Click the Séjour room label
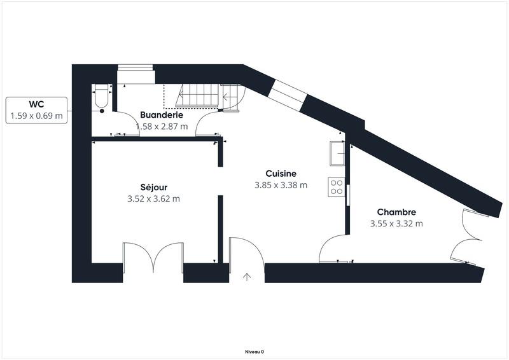[153, 187]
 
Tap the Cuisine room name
[281, 173]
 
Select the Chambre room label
[396, 212]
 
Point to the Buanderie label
[162, 115]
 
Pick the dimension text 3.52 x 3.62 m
[153, 198]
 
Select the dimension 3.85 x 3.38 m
[281, 185]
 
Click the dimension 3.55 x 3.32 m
[396, 223]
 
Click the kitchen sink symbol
[337, 153]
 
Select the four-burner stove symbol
[336, 186]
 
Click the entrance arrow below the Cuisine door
[247, 277]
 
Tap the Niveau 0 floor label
[254, 351]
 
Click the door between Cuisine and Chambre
[332, 249]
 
